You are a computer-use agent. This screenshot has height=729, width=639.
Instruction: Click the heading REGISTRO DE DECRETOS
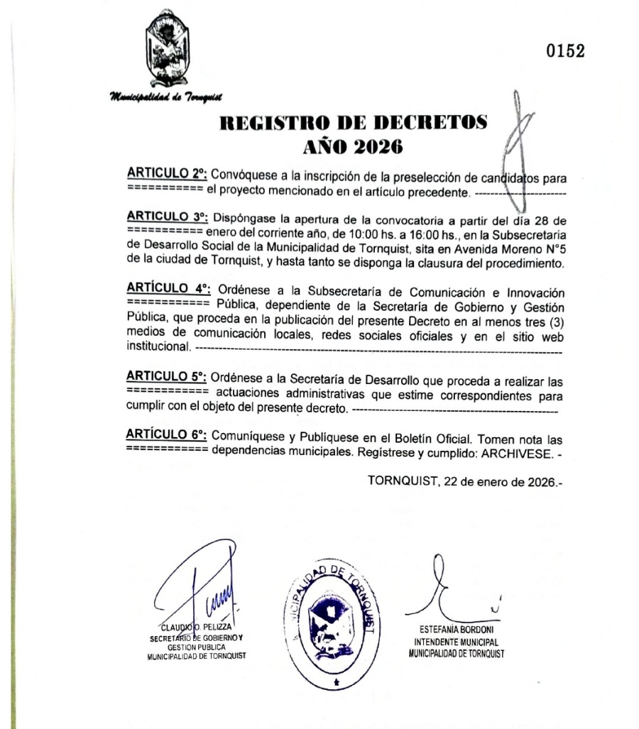354,123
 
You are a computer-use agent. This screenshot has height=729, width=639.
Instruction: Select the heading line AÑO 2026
354,147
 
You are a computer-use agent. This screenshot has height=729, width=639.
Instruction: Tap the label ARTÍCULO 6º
167,433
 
